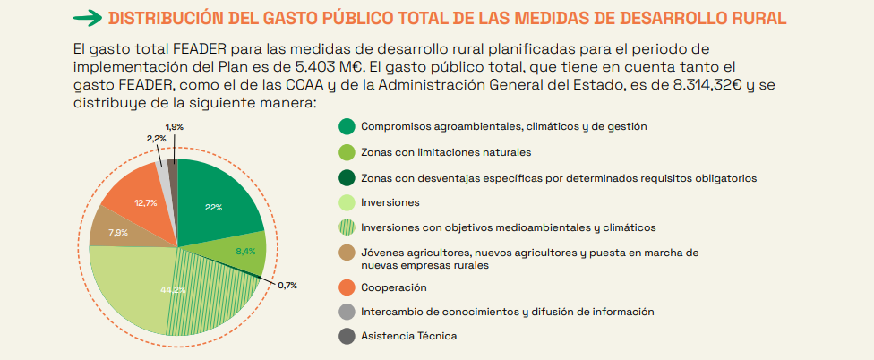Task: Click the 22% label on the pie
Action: point(213,208)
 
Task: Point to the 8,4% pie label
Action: point(245,252)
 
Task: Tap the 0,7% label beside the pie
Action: point(287,286)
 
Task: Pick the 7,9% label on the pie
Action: point(118,233)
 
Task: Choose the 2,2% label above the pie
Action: point(156,139)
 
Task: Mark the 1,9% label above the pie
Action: point(175,127)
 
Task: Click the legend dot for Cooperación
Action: point(347,287)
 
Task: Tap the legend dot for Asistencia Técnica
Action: point(347,336)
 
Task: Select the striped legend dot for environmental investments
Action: point(347,227)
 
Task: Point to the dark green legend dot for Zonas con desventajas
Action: point(347,177)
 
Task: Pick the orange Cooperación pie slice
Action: point(134,193)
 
